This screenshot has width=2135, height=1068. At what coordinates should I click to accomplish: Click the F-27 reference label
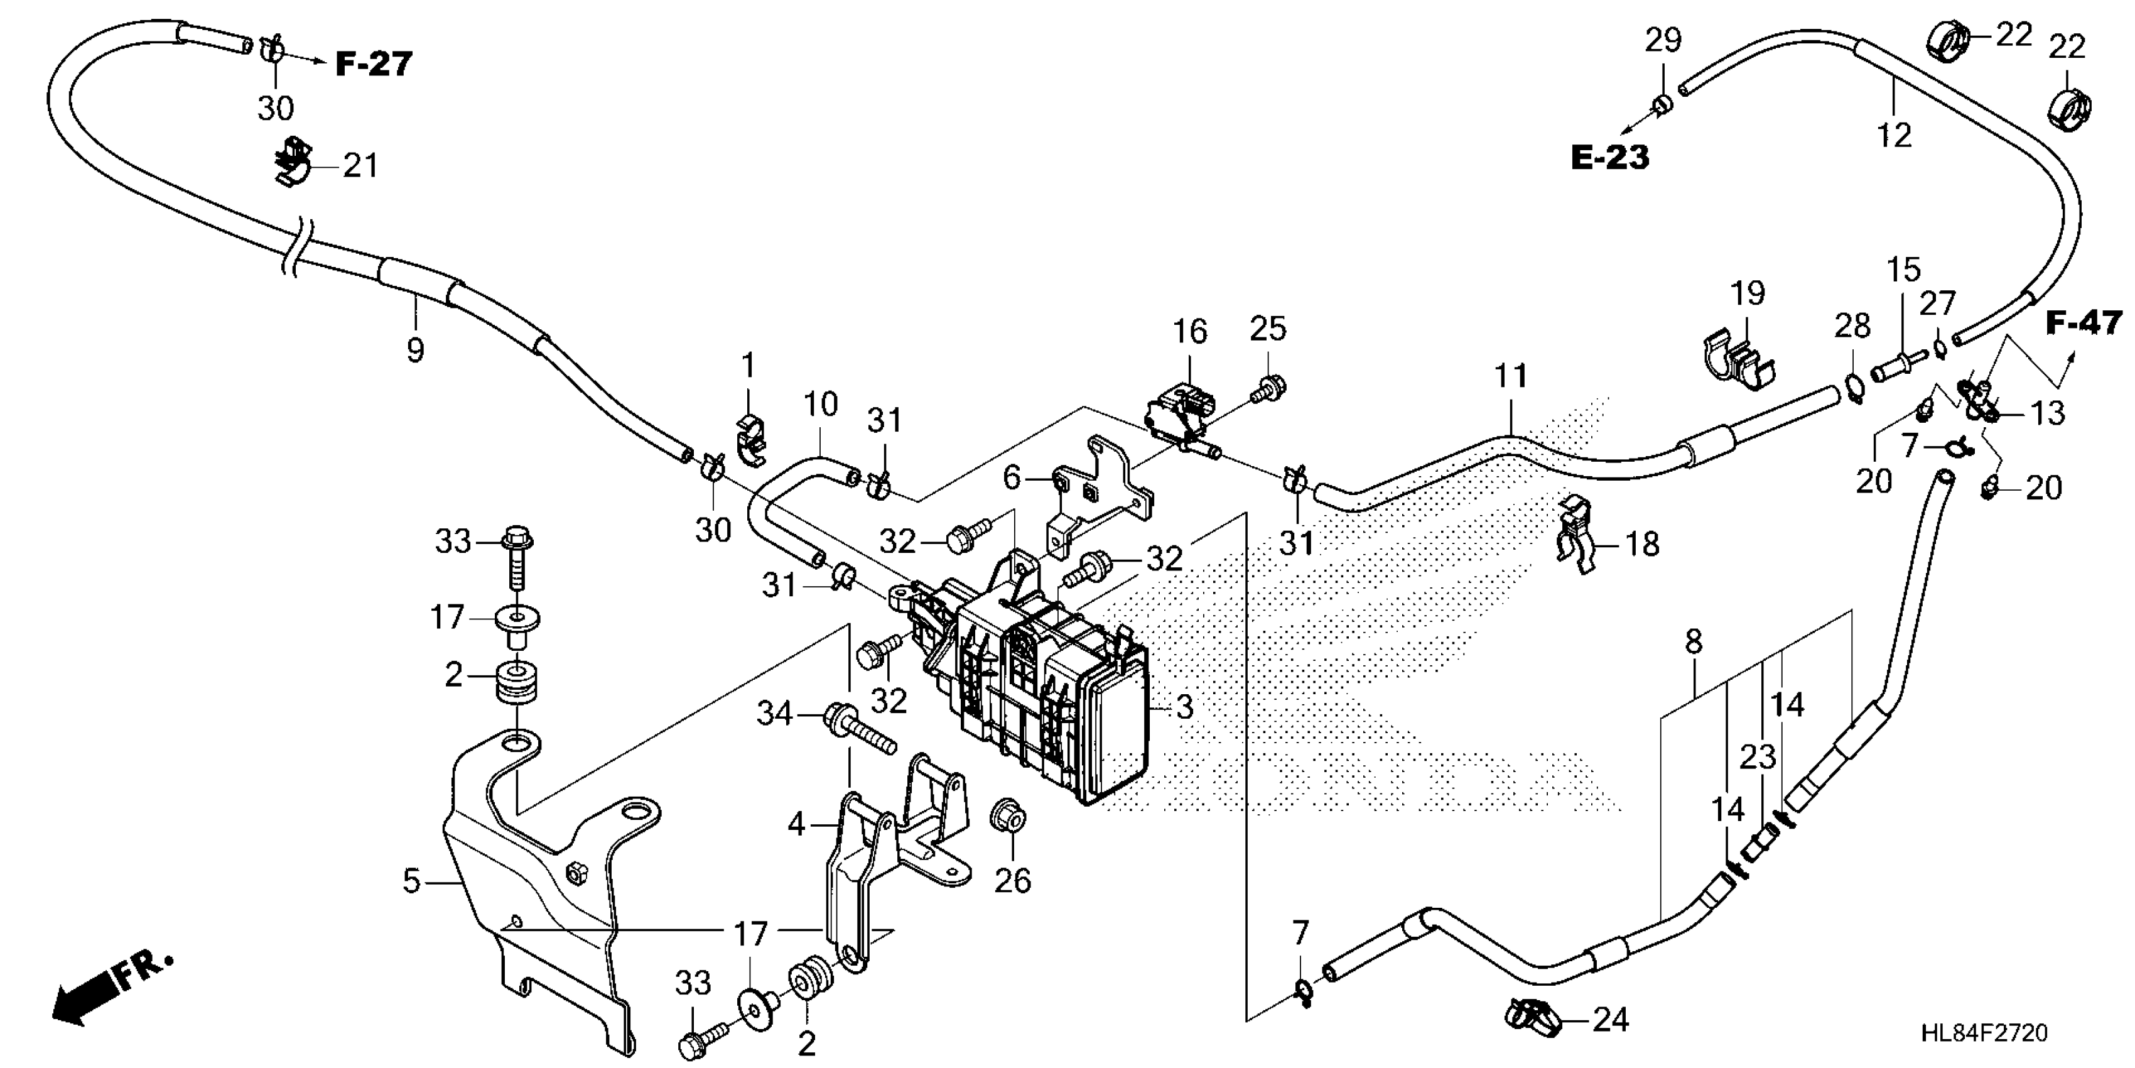(373, 64)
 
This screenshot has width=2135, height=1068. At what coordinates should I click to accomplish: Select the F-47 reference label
(2084, 322)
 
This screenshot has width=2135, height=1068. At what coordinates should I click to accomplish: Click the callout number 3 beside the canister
(1184, 707)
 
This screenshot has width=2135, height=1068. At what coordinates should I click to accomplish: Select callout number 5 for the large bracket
(412, 881)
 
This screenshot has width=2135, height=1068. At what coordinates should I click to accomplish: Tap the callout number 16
(1189, 332)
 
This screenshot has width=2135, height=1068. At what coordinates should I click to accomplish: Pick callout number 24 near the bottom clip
(1611, 1020)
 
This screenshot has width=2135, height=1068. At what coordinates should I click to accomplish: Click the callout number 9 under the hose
(415, 350)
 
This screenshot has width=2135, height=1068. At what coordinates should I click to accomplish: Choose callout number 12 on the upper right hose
(1894, 134)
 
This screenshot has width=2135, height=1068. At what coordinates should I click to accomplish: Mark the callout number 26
(1012, 881)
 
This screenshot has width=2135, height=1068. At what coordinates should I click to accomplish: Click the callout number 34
(775, 713)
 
